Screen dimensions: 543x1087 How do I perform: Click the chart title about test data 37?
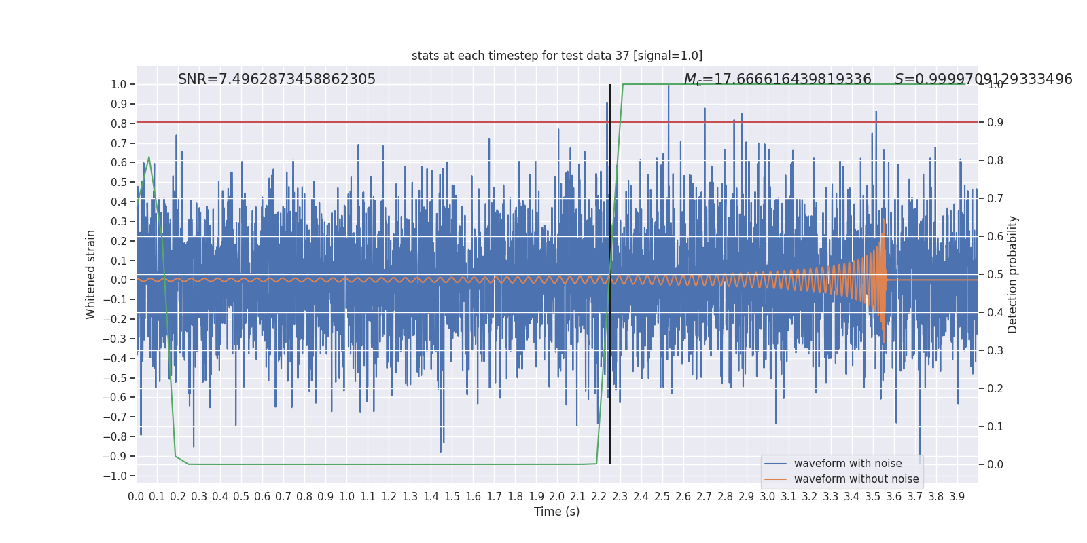(x=557, y=56)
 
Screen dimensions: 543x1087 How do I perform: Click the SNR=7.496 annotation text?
(x=277, y=79)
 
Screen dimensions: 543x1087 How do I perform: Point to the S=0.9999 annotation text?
(x=983, y=79)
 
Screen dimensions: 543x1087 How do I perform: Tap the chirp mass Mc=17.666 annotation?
(x=777, y=80)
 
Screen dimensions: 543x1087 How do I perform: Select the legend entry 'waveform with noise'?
(x=847, y=464)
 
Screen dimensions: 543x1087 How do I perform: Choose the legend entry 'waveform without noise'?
(x=856, y=479)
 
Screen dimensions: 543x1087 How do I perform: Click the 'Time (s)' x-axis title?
(x=556, y=512)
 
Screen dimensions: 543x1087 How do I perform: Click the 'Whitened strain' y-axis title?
(x=91, y=274)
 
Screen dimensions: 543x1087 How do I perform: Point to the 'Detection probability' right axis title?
(x=1013, y=274)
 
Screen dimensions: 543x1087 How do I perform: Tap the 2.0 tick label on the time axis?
(x=557, y=497)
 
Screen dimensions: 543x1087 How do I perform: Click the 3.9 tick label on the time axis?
(x=957, y=497)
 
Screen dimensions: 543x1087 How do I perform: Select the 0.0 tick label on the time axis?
(x=136, y=497)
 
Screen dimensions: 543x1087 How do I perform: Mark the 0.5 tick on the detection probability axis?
(x=995, y=275)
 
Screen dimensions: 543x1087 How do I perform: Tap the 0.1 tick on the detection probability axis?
(x=995, y=427)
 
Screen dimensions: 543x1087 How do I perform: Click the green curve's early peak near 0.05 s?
(x=149, y=157)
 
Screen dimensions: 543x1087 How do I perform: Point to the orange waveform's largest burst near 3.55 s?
(x=883, y=278)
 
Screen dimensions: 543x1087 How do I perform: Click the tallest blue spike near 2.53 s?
(x=669, y=86)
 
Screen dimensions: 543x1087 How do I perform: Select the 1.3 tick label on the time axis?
(x=410, y=497)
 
